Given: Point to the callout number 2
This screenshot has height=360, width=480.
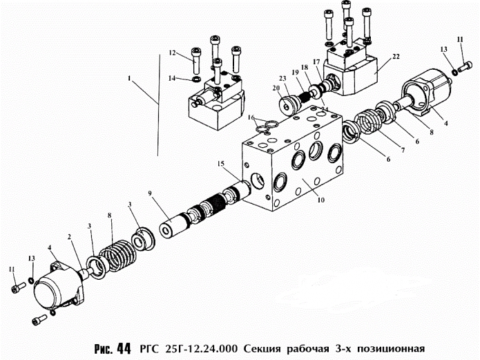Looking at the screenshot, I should [x=70, y=236].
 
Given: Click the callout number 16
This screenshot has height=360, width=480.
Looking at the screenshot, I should [x=253, y=118].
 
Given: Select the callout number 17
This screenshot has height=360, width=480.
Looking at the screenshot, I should [x=316, y=61].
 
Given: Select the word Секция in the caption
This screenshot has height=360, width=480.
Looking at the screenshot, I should [x=264, y=347].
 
